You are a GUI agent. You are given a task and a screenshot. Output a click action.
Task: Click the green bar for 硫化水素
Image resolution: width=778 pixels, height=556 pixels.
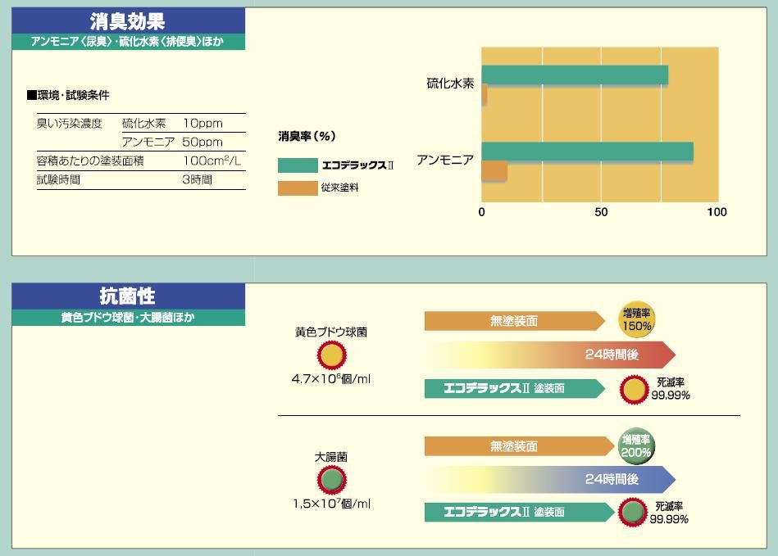click(574, 75)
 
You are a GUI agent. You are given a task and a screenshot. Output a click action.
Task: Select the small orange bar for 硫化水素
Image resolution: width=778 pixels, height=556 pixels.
click(485, 95)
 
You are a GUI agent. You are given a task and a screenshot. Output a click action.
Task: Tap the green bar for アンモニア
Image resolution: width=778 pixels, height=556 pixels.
click(587, 152)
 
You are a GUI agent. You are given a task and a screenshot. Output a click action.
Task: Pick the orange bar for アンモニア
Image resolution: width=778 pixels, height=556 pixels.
click(494, 171)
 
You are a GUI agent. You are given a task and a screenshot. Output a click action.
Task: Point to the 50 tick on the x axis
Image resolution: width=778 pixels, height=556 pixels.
click(601, 213)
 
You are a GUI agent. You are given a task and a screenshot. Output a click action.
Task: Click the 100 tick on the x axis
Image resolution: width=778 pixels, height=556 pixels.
click(717, 213)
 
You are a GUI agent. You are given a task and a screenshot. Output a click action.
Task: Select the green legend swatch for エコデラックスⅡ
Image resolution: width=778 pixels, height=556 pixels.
click(297, 165)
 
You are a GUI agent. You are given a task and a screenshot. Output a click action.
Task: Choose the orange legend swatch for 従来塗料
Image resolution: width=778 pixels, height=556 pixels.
click(297, 188)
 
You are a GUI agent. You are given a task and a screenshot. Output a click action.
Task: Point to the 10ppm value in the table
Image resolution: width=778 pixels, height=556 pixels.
click(202, 124)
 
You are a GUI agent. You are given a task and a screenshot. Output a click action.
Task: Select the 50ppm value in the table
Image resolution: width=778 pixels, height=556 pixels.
click(202, 142)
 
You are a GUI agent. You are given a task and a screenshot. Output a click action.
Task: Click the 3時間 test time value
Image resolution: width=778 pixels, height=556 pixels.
click(197, 179)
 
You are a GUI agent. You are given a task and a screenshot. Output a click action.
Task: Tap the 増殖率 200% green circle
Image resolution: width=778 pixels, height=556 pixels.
click(637, 446)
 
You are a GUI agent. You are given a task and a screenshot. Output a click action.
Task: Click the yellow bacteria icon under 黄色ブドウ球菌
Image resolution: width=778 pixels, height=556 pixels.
click(331, 355)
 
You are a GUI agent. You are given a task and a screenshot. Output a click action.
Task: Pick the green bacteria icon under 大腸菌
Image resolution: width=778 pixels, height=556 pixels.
click(331, 480)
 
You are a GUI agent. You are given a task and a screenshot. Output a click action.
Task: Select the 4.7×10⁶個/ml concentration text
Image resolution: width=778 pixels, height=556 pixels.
click(331, 380)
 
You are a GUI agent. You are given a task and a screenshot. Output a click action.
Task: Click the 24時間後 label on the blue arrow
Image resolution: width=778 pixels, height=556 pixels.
click(612, 479)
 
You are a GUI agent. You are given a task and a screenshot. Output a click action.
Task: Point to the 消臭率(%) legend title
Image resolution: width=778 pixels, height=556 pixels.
click(307, 136)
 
